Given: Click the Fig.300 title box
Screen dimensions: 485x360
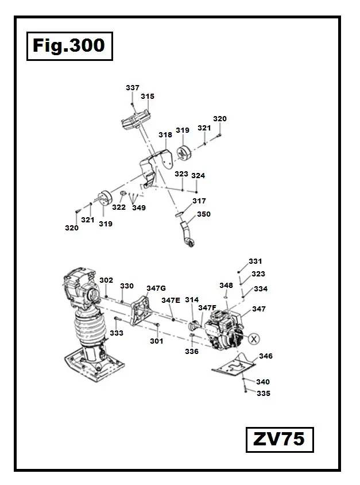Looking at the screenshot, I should point(69,45).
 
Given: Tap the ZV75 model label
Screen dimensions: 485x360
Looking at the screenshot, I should point(279,440).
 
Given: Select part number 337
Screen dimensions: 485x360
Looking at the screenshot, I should point(133,87).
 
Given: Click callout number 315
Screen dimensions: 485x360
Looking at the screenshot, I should point(148,97).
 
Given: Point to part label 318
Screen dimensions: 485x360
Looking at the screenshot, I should point(165,134).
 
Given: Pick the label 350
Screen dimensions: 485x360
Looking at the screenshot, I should point(204,214).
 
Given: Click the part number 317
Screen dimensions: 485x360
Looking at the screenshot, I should point(199,201).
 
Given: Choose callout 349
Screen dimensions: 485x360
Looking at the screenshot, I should point(139,207).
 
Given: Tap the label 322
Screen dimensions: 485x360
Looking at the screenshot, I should point(119,207).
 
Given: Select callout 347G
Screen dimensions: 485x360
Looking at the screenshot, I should point(156,288).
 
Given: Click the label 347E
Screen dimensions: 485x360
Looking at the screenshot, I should point(171,300).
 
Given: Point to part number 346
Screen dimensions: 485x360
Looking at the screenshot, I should point(266,356).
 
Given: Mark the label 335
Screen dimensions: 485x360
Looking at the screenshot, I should point(264,394).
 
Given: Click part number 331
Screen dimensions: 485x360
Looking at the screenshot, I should point(256,261).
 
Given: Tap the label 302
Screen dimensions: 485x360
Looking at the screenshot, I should point(106,280).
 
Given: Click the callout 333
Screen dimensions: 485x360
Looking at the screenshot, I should point(117,333).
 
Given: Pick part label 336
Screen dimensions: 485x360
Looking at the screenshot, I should point(192,351).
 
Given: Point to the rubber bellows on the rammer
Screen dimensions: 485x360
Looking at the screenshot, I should point(88,331).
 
